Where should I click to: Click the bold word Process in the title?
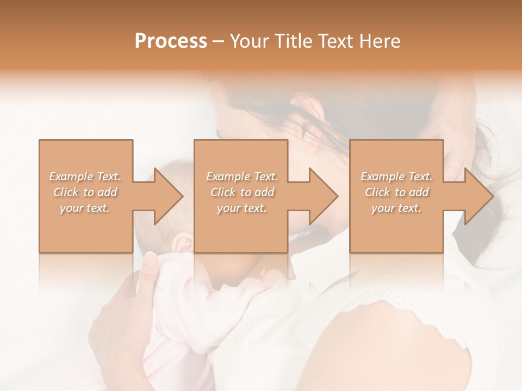click(x=171, y=41)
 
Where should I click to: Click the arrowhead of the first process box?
click(x=165, y=196)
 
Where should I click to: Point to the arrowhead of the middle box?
click(x=321, y=196)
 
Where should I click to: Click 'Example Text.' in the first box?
click(x=85, y=176)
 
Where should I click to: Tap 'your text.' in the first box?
click(x=85, y=208)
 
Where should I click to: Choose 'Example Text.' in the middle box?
click(x=242, y=176)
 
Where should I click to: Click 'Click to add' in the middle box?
click(x=242, y=192)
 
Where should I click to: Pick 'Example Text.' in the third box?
click(x=396, y=176)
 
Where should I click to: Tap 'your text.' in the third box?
click(x=396, y=208)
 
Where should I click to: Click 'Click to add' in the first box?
click(x=85, y=192)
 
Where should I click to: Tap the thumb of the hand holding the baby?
click(x=151, y=266)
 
